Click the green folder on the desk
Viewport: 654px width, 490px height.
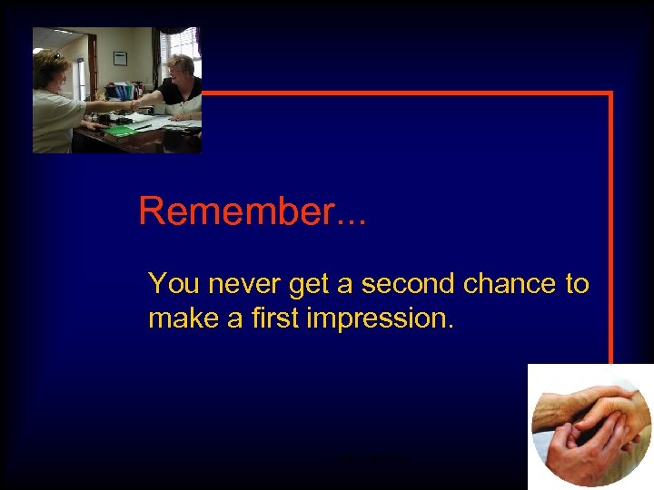tap(121, 131)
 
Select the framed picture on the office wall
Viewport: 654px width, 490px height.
tap(120, 58)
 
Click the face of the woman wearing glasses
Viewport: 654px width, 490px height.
tap(178, 69)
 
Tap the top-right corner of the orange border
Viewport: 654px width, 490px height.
tap(610, 93)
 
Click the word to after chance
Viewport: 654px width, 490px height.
tap(577, 284)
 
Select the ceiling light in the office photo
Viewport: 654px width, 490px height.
tap(69, 32)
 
